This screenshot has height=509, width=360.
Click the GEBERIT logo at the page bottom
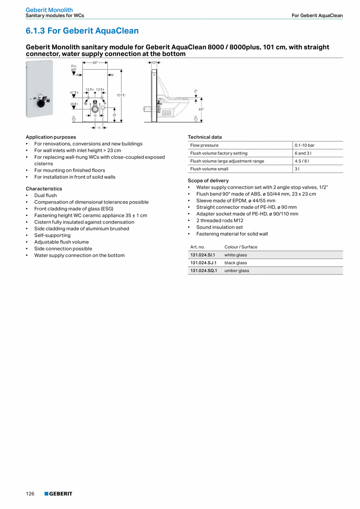[58, 494]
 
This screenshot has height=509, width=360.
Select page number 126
[30, 494]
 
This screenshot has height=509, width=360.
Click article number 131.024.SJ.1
[203, 263]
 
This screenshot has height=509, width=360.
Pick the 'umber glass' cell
[236, 271]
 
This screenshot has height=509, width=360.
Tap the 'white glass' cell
[236, 255]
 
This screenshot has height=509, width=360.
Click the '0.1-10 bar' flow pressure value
[304, 145]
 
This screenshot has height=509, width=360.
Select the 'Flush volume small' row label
[209, 169]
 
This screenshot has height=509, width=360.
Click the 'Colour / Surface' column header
[241, 247]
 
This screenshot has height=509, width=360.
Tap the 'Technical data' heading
[205, 137]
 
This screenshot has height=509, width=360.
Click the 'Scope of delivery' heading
[208, 180]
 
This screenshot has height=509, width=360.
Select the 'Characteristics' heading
[44, 189]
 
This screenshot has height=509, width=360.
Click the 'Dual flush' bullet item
[45, 195]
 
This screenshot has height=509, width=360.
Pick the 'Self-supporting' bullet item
[52, 235]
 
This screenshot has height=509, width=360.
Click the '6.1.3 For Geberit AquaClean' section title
[82, 31]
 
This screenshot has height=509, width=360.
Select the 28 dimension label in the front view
[114, 115]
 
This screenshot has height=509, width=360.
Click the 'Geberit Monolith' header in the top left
[49, 10]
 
